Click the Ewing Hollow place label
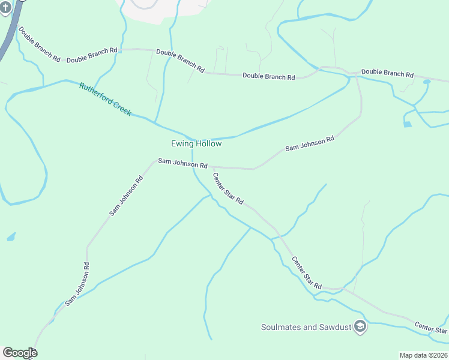tap(196, 144)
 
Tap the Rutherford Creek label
tap(105, 99)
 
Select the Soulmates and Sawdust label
tap(306, 327)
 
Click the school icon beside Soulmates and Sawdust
tap(360, 326)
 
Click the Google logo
tap(20, 353)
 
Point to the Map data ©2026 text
tap(423, 355)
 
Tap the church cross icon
tap(5, 6)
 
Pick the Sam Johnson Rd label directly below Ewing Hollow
tap(182, 163)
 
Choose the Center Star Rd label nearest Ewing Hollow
tap(228, 188)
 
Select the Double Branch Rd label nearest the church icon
tap(39, 44)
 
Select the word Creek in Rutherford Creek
tap(121, 107)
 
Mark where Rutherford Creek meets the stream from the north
tap(156, 124)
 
